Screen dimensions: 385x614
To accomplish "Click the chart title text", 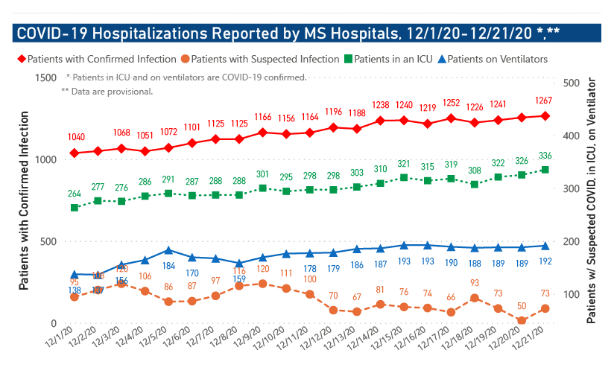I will coord(288,34).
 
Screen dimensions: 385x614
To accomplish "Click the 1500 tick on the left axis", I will coord(46,78).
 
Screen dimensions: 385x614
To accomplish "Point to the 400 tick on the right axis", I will coord(573,136).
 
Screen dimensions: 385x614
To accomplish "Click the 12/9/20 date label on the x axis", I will coord(252,341).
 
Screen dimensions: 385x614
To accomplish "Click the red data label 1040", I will coord(75,138).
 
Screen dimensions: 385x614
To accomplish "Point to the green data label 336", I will coord(545,156).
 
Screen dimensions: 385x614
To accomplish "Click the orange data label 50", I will coord(522,306).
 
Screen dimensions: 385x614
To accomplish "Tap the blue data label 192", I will coord(545,261).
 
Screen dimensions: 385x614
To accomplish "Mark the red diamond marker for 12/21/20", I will coord(545,116).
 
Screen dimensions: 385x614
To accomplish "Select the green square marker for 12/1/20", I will coord(75,207).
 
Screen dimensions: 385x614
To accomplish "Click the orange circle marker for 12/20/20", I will coord(522,320).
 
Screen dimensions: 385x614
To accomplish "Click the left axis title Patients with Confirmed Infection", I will coord(24,200).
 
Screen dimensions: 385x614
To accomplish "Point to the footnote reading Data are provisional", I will coord(107,92).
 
